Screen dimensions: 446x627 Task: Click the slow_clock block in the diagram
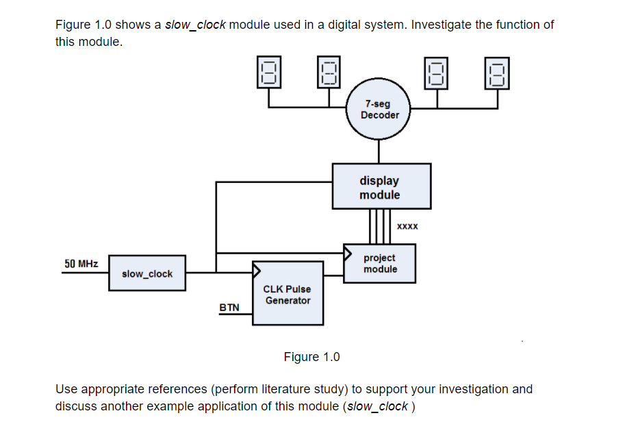click(146, 274)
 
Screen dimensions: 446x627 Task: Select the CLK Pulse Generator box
click(287, 294)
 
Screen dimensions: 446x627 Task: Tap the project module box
click(380, 264)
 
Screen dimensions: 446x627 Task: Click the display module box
click(381, 186)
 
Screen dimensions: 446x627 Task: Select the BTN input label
click(229, 308)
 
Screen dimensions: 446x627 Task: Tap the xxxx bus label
click(407, 225)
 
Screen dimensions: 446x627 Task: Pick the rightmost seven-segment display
click(498, 72)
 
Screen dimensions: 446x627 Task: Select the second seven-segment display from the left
click(329, 72)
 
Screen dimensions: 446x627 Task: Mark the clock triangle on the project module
click(347, 250)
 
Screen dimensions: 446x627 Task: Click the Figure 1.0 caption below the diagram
click(311, 357)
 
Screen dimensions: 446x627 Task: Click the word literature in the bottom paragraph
click(287, 389)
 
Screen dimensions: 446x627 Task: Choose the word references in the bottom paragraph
click(179, 389)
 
